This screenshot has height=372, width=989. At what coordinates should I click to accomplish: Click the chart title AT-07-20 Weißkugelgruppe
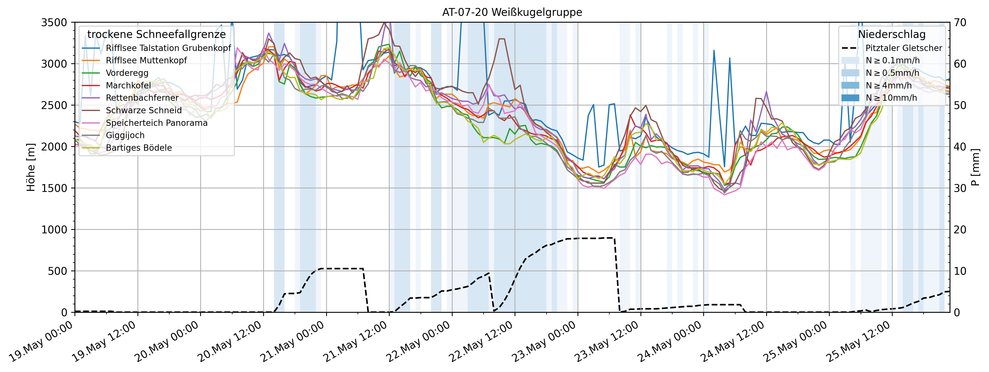coord(512,12)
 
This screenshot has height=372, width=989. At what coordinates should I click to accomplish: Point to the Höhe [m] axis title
coord(31,167)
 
